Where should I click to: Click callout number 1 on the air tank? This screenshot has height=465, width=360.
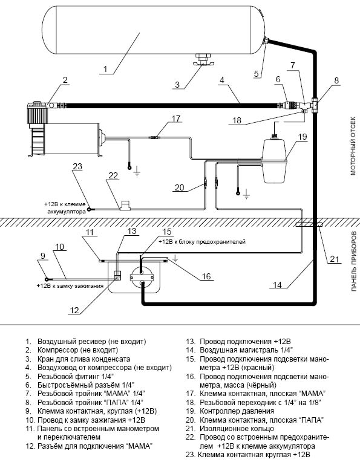(105, 70)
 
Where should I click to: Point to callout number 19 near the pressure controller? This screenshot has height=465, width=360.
(303, 137)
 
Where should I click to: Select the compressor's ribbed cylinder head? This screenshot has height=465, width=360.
(38, 114)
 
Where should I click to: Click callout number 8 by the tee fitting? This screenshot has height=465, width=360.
(336, 80)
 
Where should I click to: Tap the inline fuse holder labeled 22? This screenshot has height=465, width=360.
(125, 206)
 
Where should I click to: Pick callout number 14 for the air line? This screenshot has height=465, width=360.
(277, 285)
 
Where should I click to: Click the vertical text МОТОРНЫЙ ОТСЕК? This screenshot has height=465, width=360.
(353, 146)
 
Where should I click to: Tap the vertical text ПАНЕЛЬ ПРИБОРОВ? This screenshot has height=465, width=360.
(353, 261)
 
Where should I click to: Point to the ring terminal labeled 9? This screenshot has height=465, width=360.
(47, 279)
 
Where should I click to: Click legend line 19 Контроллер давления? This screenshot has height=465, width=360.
(230, 411)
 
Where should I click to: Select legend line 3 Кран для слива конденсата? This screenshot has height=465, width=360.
(78, 359)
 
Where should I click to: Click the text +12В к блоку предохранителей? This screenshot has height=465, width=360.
(202, 242)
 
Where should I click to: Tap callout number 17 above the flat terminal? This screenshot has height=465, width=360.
(176, 119)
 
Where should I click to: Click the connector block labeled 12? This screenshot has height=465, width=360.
(118, 276)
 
